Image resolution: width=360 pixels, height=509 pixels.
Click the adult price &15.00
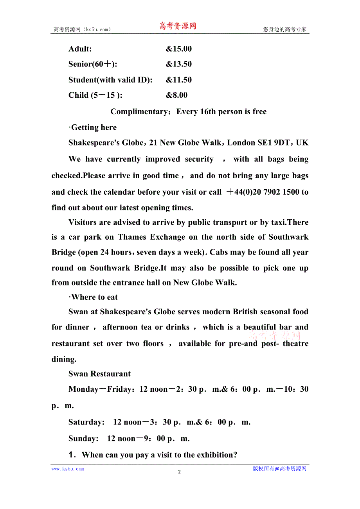tap(178, 49)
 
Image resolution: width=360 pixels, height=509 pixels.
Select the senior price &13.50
tap(178, 64)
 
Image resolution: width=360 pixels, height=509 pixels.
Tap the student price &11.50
tap(178, 80)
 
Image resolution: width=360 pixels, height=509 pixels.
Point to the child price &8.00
tap(176, 95)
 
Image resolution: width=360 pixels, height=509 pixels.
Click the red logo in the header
tap(178, 26)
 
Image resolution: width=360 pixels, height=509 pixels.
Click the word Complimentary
tap(139, 111)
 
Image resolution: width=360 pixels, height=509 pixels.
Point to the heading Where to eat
tap(94, 297)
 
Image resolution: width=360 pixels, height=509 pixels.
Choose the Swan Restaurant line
tap(99, 374)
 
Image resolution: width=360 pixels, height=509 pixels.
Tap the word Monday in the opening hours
tap(83, 389)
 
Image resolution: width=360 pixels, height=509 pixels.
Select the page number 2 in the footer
tap(179, 471)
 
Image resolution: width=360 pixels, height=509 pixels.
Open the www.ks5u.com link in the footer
tap(68, 469)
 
